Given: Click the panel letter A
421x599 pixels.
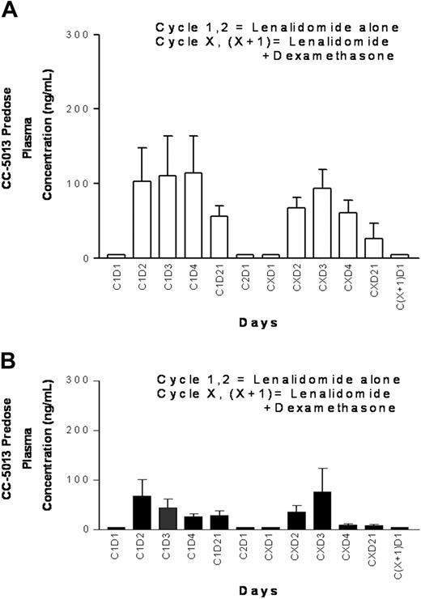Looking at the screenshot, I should [x=14, y=12].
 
